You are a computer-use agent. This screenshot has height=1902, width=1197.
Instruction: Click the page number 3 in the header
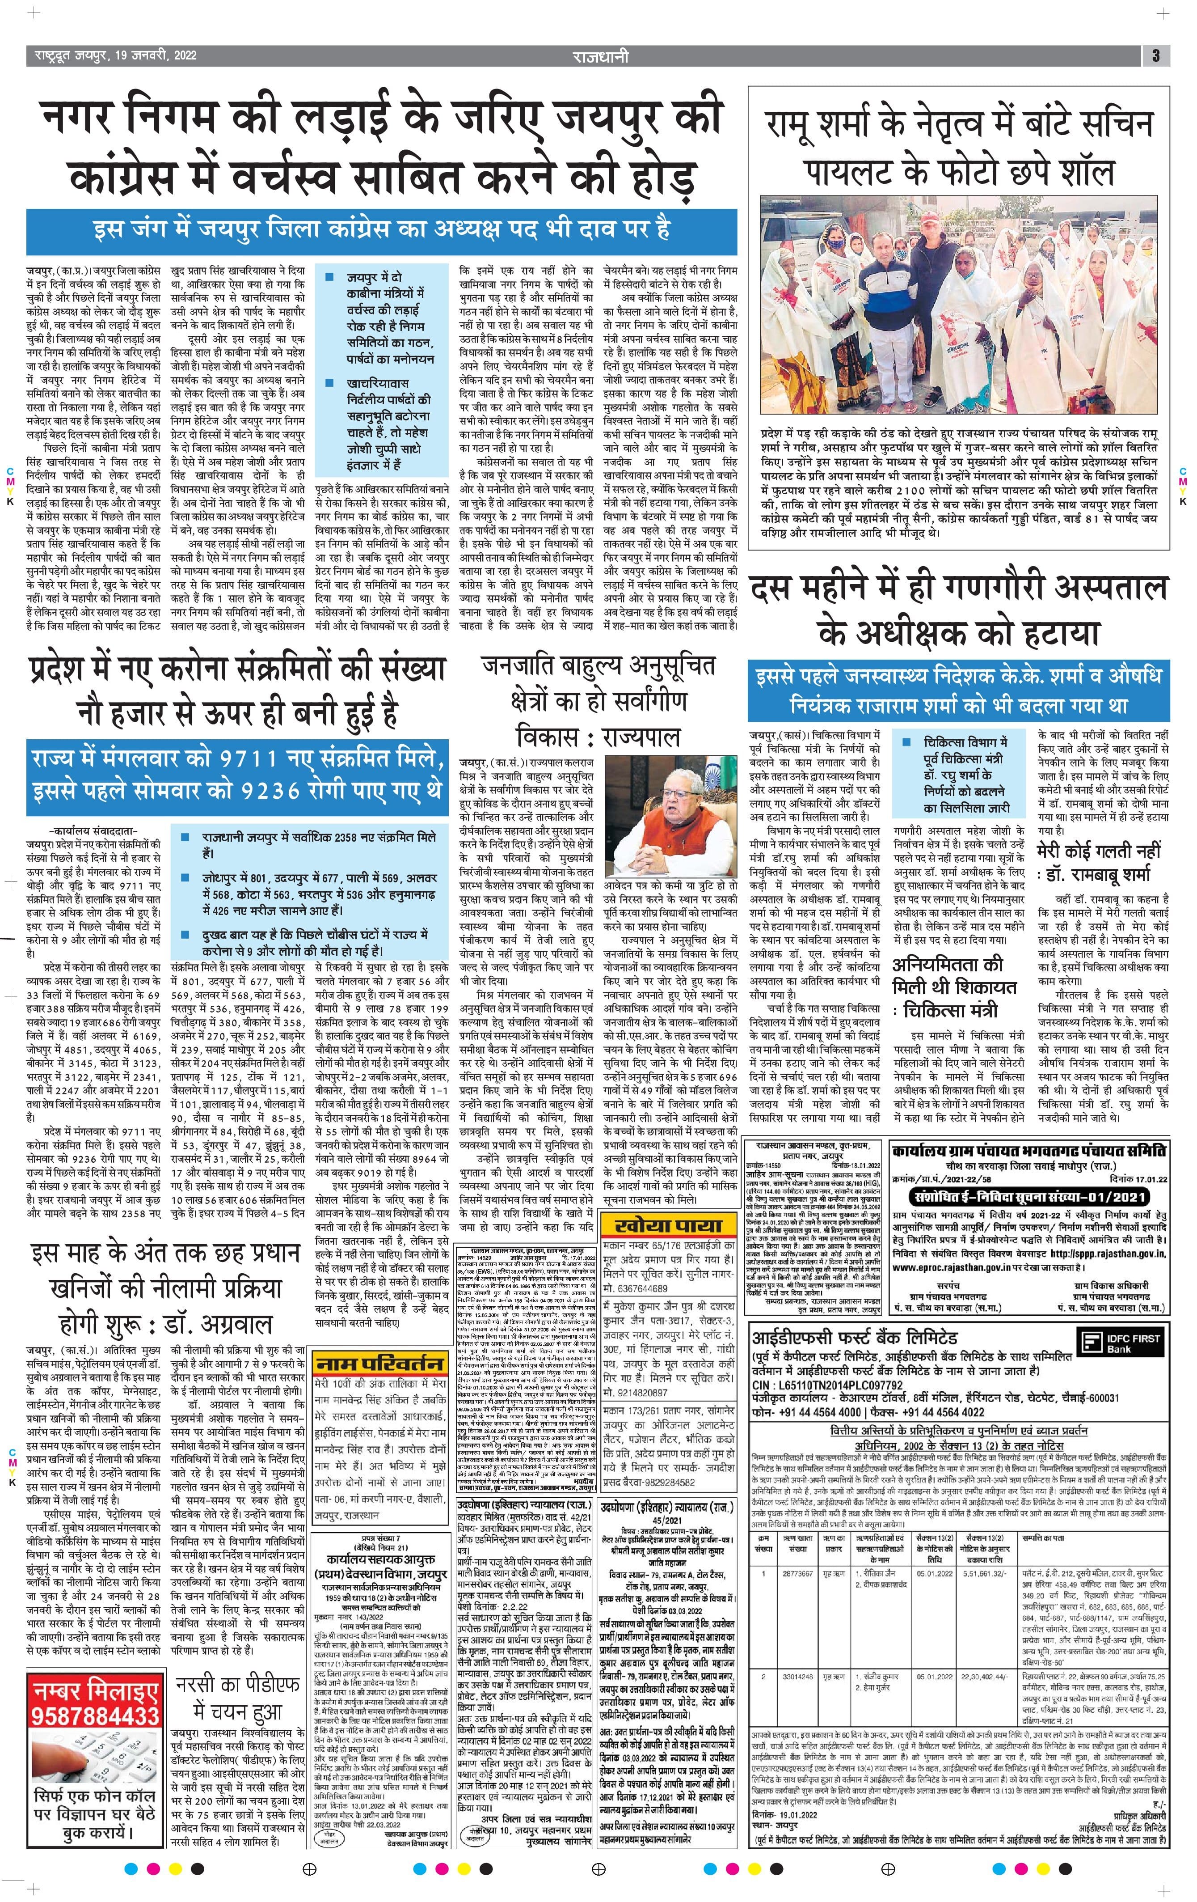(1155, 55)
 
